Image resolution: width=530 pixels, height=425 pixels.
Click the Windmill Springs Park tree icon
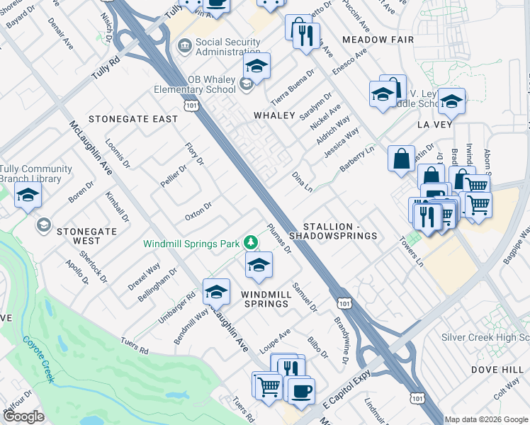pos(249,243)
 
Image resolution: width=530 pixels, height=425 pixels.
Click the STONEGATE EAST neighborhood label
pos(132,118)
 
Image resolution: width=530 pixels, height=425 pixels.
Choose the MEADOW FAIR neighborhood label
pos(377,40)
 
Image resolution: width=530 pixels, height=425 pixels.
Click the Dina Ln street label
pos(303,182)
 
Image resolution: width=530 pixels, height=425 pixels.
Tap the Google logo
pos(23,416)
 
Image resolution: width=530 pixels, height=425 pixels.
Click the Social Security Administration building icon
pos(184,47)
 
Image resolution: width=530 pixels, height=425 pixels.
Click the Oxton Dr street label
pos(198,210)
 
